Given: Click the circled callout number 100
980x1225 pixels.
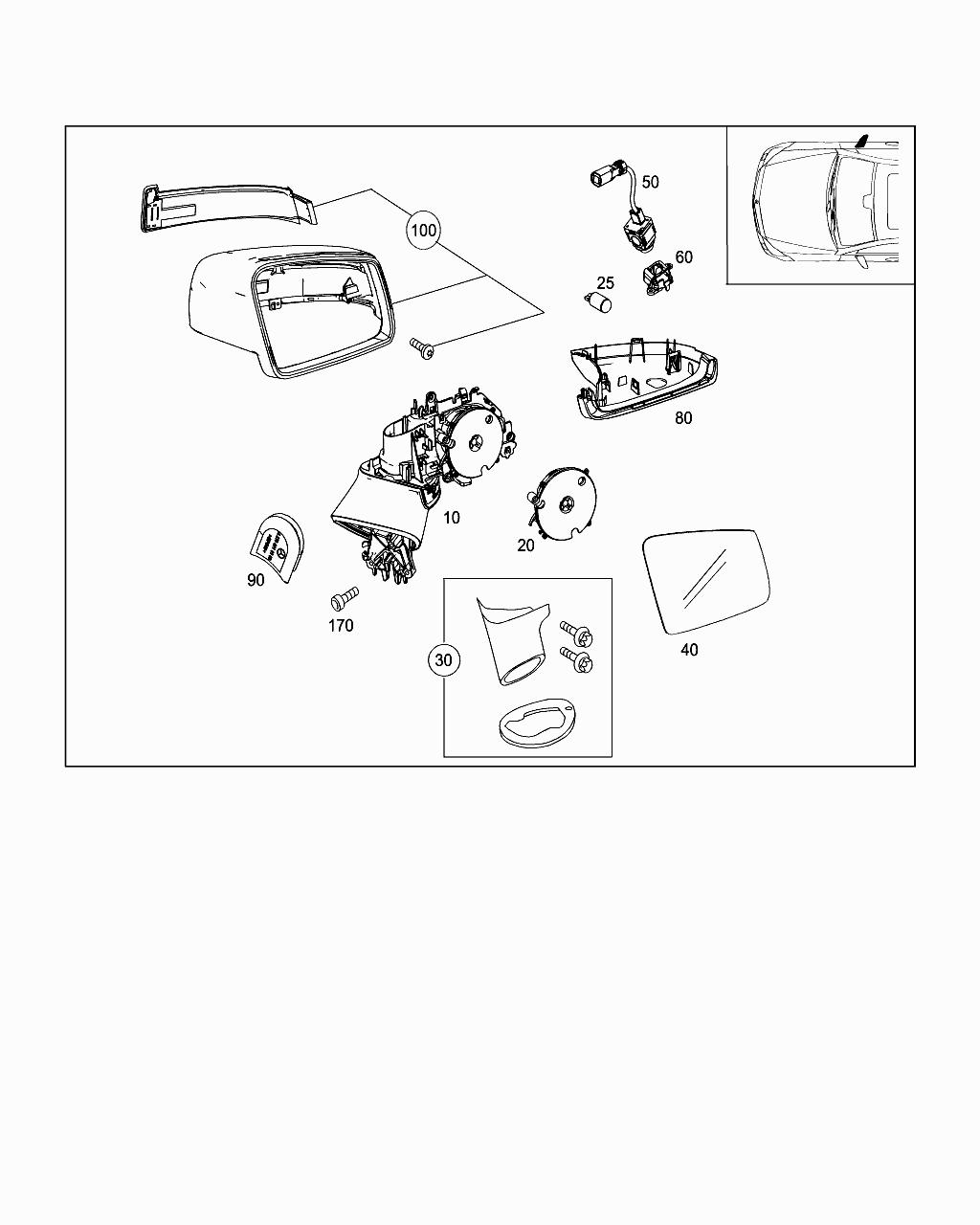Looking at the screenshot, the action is tap(422, 231).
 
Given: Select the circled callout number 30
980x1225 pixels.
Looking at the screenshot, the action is tap(444, 659).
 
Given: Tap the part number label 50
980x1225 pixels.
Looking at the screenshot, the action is tap(650, 182).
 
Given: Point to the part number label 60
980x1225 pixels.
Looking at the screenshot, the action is tap(684, 257).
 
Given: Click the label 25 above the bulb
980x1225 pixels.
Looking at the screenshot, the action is tap(605, 283).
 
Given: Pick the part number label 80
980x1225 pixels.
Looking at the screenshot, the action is tap(683, 418).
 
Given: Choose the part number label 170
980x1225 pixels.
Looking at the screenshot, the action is tap(341, 626).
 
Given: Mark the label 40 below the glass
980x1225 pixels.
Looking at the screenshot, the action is tap(689, 650).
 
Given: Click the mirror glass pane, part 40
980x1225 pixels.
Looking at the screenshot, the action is tap(706, 582).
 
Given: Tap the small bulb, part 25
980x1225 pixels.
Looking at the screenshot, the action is tap(598, 301).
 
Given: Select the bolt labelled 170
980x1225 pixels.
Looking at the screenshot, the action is tap(344, 598).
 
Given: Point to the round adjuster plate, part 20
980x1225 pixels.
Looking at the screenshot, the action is tap(564, 503).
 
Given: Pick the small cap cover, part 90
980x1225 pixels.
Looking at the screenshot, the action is tap(278, 546).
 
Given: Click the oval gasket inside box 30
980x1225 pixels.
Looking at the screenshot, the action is tap(534, 722).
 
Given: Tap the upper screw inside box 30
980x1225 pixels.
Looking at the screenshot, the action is tap(576, 634).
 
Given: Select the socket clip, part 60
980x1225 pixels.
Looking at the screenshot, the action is tap(657, 277).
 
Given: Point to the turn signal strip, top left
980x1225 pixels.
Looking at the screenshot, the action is tap(227, 208).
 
